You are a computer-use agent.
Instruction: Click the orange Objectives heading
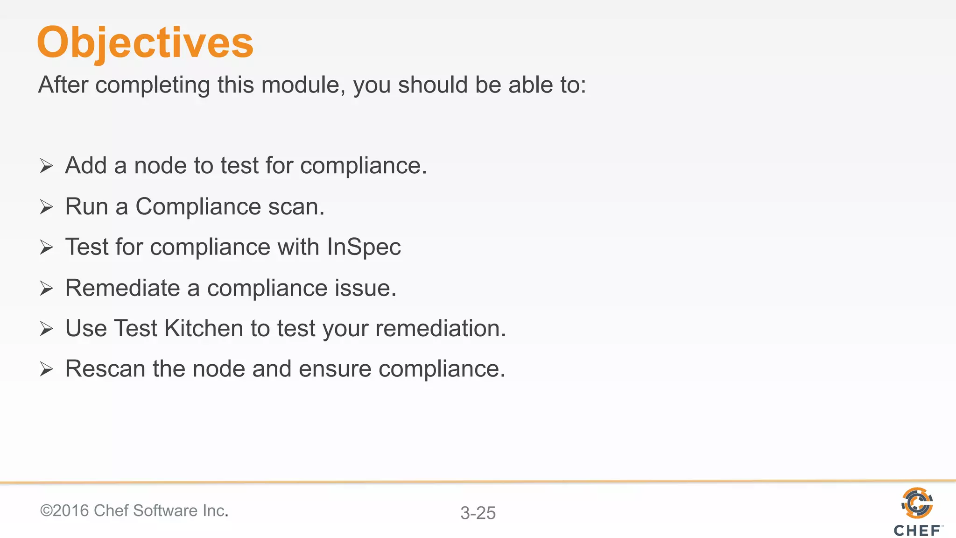tap(145, 42)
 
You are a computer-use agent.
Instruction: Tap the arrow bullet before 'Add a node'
tap(46, 166)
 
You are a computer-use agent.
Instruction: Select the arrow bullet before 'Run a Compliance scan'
tap(46, 206)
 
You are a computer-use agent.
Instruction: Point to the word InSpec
tap(364, 247)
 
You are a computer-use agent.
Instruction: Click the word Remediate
tap(122, 288)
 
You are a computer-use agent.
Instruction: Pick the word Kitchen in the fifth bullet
tap(204, 328)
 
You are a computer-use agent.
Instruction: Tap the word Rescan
tap(105, 369)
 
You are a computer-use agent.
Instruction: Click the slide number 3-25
tap(478, 513)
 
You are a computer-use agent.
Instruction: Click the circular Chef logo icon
tap(917, 503)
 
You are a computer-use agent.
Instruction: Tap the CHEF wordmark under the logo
tap(917, 531)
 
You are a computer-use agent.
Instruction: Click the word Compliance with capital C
tap(198, 206)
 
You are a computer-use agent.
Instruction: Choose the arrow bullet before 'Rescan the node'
tap(46, 369)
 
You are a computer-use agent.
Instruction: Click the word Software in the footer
tap(165, 510)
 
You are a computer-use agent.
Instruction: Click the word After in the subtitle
tap(63, 85)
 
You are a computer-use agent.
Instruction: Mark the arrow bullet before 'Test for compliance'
tap(46, 247)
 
